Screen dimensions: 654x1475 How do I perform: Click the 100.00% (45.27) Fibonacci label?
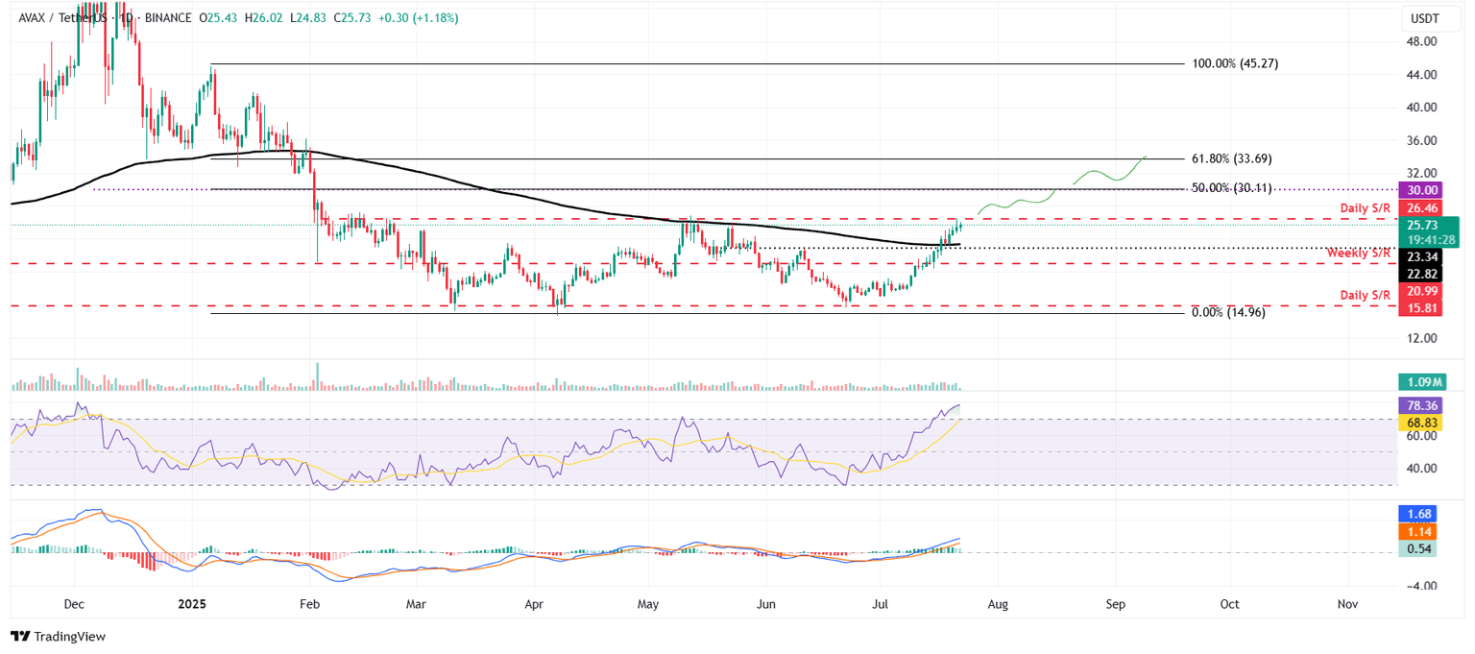click(x=1234, y=64)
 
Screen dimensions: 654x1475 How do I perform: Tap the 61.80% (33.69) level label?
click(x=1231, y=158)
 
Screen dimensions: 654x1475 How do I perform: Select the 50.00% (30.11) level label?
click(x=1231, y=188)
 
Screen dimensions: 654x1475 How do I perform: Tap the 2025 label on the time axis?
click(x=193, y=605)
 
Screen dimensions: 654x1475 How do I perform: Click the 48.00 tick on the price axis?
click(x=1420, y=41)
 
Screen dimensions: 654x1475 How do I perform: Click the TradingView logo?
click(x=58, y=636)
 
